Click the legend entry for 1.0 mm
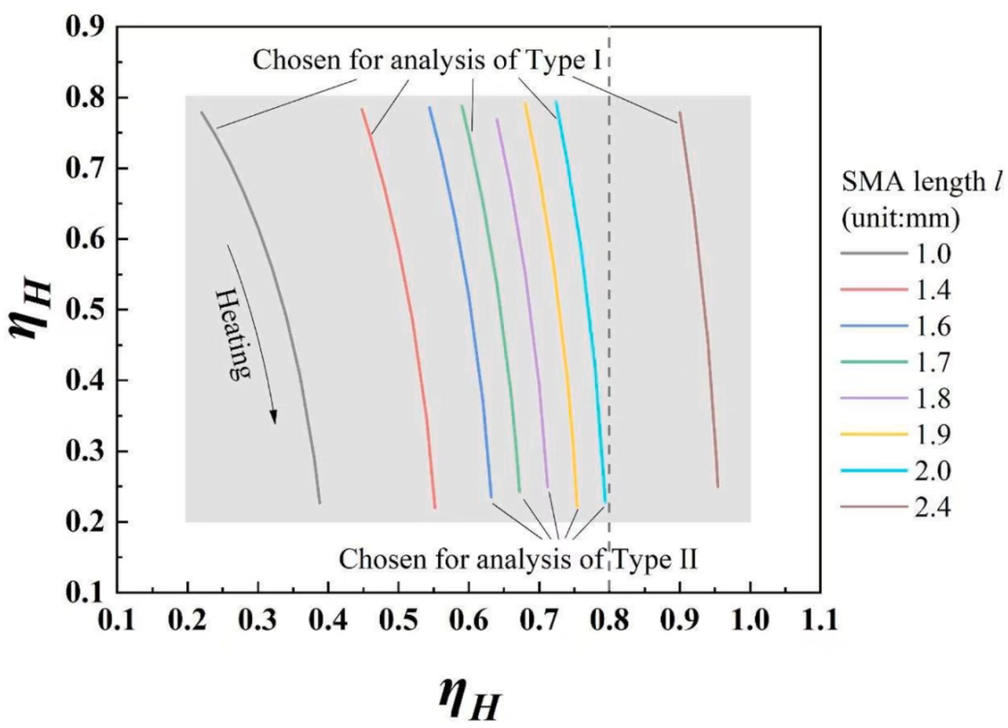tap(896, 254)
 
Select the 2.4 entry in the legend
tap(896, 507)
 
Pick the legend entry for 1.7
tap(896, 363)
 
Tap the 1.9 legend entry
tap(896, 435)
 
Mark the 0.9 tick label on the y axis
tap(86, 27)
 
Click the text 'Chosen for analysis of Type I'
tap(427, 60)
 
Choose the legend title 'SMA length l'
tap(921, 182)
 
